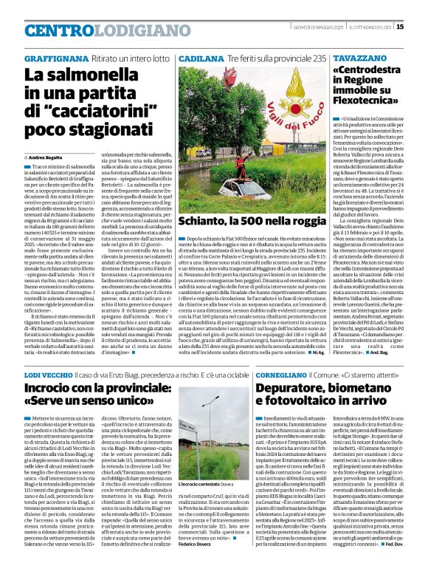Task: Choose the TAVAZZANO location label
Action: coord(356,58)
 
